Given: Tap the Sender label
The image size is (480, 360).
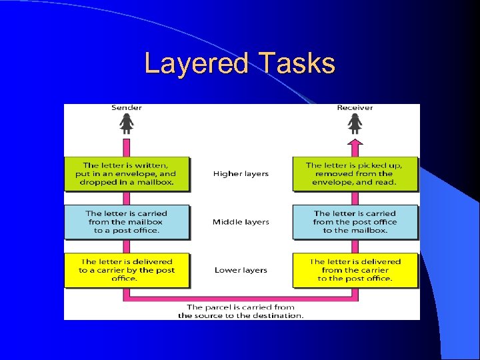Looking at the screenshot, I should [x=126, y=108].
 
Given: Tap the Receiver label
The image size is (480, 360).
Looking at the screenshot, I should [x=355, y=108].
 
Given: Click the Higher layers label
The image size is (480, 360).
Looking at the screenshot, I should [x=241, y=174].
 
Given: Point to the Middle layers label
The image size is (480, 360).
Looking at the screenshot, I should [x=241, y=222].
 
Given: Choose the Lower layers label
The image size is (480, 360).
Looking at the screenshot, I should [x=241, y=270].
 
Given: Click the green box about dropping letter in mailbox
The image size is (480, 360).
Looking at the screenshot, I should [x=127, y=173].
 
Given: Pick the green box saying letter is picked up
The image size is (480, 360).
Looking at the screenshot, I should [x=355, y=173].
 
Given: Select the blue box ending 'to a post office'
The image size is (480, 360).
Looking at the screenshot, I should [x=127, y=222].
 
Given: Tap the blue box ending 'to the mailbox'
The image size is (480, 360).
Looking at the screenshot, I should [x=355, y=222].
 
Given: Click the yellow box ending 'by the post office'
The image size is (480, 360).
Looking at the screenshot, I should [x=127, y=270].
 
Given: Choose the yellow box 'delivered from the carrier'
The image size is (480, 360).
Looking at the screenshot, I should [x=355, y=270].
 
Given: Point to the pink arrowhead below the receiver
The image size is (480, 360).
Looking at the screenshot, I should [x=355, y=143].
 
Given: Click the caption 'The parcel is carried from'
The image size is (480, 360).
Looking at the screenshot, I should [x=241, y=307].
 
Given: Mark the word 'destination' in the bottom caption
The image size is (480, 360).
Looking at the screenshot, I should [x=279, y=315].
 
